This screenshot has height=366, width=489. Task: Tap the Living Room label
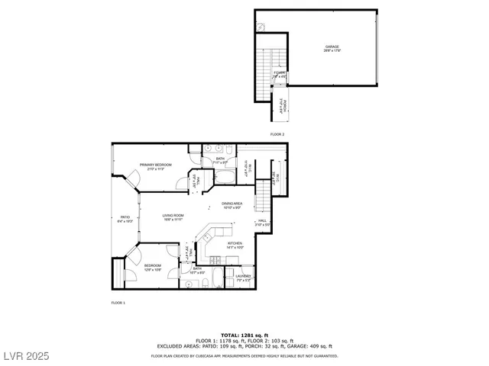click(173, 217)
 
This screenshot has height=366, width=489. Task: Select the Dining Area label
click(232, 204)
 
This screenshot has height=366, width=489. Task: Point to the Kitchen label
click(235, 245)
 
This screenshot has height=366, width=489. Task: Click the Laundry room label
click(244, 277)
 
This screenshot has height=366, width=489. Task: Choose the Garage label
click(332, 48)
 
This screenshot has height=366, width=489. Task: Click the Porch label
click(282, 105)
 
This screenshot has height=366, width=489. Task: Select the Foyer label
click(280, 74)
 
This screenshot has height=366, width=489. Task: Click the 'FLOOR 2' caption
click(277, 134)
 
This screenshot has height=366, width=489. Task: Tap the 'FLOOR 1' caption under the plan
click(118, 303)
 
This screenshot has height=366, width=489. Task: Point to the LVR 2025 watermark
click(25, 356)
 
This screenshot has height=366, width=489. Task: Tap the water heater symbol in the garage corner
click(261, 27)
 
